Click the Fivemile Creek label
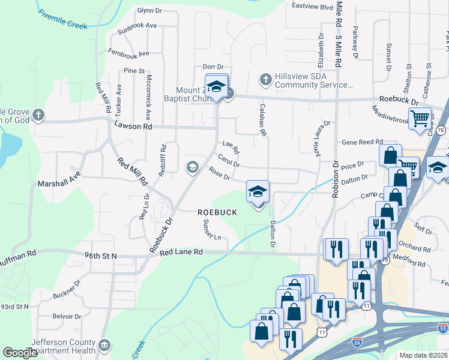62,18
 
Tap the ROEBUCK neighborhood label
217,212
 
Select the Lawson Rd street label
133,127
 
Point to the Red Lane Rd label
181,253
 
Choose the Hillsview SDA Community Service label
313,80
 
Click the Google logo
20,353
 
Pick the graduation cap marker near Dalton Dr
258,191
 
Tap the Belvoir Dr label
66,316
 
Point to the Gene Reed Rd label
362,142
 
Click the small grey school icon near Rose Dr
193,166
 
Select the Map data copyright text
423,355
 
